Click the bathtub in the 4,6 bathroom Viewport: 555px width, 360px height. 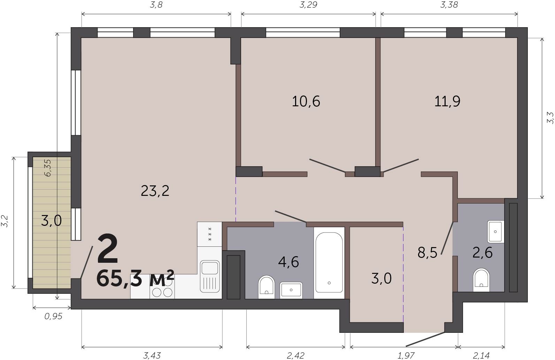pyautogui.click(x=329, y=263)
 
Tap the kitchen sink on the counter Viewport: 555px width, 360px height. pyautogui.click(x=210, y=276)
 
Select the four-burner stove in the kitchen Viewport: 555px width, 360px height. pyautogui.click(x=162, y=289)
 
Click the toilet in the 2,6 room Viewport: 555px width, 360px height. pyautogui.click(x=481, y=280)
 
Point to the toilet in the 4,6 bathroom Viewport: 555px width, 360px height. pyautogui.click(x=267, y=287)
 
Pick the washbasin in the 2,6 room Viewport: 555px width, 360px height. pyautogui.click(x=495, y=232)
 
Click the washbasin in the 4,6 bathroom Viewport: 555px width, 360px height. pyautogui.click(x=291, y=290)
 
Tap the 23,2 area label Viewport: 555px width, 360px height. pyautogui.click(x=155, y=191)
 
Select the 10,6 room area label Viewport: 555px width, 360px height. pyautogui.click(x=306, y=101)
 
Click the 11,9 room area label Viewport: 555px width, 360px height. pyautogui.click(x=447, y=101)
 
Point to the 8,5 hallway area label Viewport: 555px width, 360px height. pyautogui.click(x=427, y=253)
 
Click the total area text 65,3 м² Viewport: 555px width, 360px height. pyautogui.click(x=135, y=278)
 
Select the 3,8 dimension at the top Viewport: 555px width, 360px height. pyautogui.click(x=156, y=5)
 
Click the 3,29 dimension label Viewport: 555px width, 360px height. pyautogui.click(x=308, y=5)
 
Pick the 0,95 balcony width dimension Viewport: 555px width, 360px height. pyautogui.click(x=53, y=316)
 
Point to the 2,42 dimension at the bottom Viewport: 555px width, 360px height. pyautogui.click(x=295, y=355)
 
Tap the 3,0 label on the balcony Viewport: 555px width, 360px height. pyautogui.click(x=51, y=221)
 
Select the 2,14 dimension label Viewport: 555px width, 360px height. pyautogui.click(x=481, y=355)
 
